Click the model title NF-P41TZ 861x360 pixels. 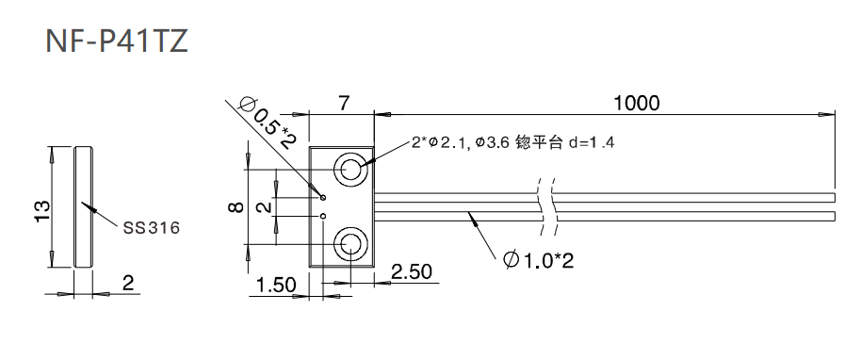pyautogui.click(x=117, y=41)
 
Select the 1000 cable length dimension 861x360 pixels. pyautogui.click(x=636, y=102)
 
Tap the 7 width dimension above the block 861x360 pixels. pyautogui.click(x=343, y=102)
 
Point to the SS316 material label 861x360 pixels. pyautogui.click(x=152, y=227)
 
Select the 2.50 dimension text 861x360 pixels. pyautogui.click(x=411, y=272)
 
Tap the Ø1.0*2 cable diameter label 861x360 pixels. pyautogui.click(x=538, y=258)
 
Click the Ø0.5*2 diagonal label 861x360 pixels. pyautogui.click(x=268, y=122)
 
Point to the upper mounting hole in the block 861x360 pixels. pyautogui.click(x=352, y=171)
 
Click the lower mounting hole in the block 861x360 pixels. pyautogui.click(x=352, y=245)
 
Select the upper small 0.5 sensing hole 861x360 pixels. pyautogui.click(x=322, y=198)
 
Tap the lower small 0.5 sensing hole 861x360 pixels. pyautogui.click(x=322, y=216)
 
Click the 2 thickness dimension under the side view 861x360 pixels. pyautogui.click(x=128, y=282)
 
